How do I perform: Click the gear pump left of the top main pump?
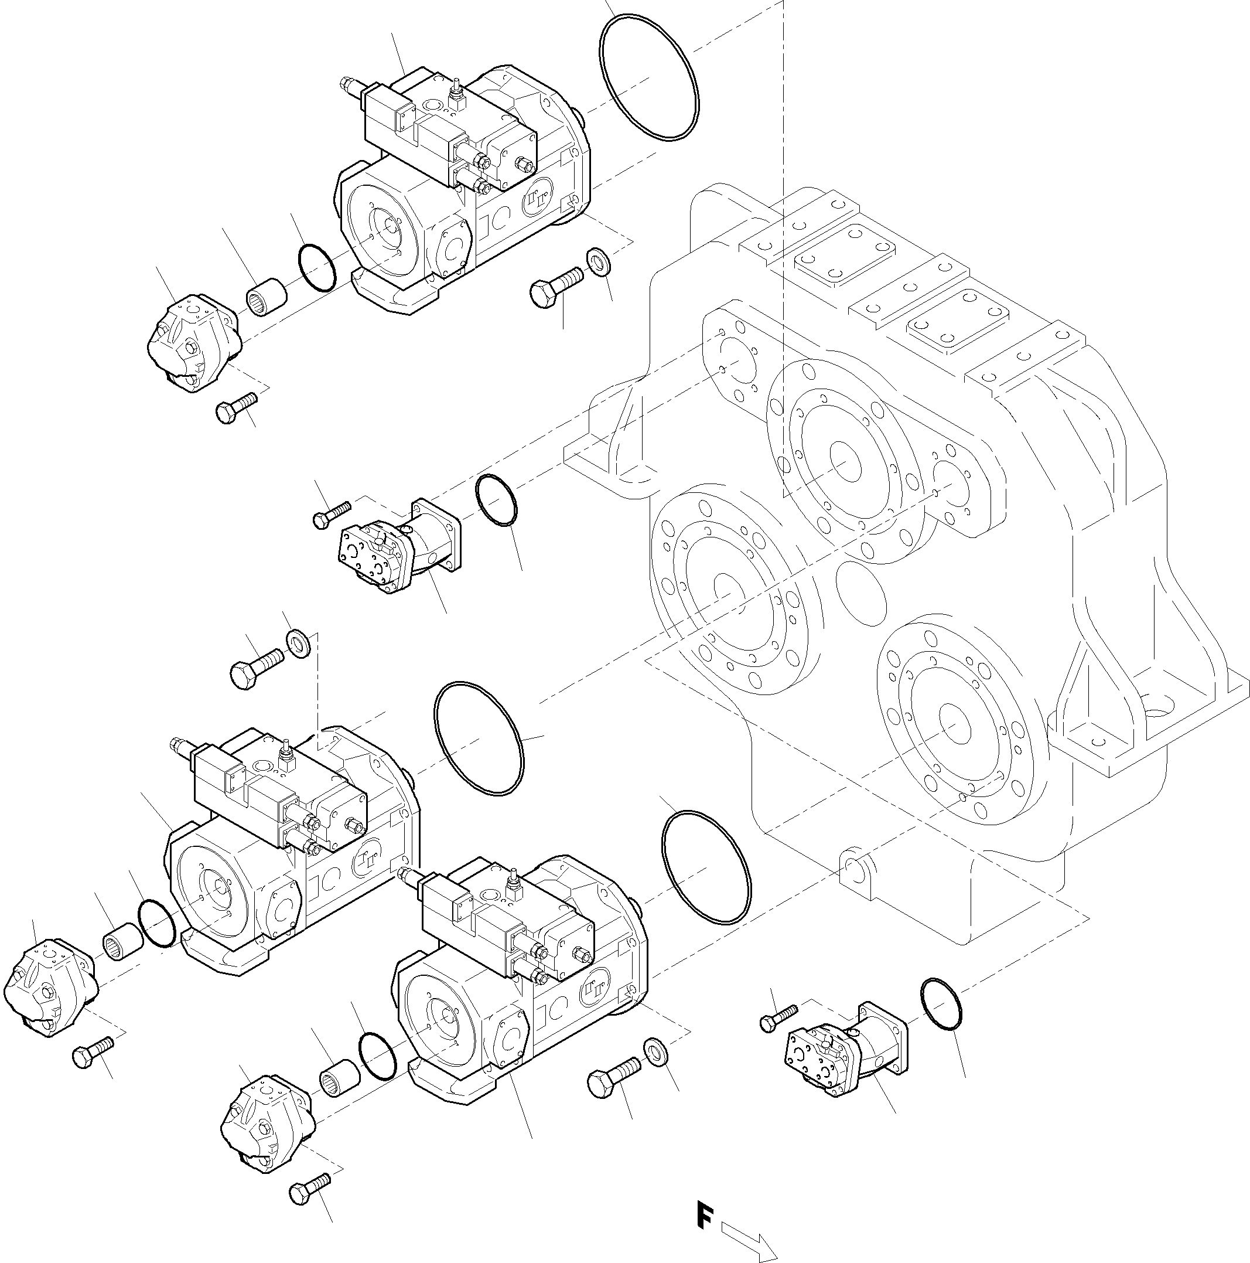tap(191, 344)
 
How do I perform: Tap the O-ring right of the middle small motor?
tap(496, 501)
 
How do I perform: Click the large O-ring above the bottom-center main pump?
tap(706, 867)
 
